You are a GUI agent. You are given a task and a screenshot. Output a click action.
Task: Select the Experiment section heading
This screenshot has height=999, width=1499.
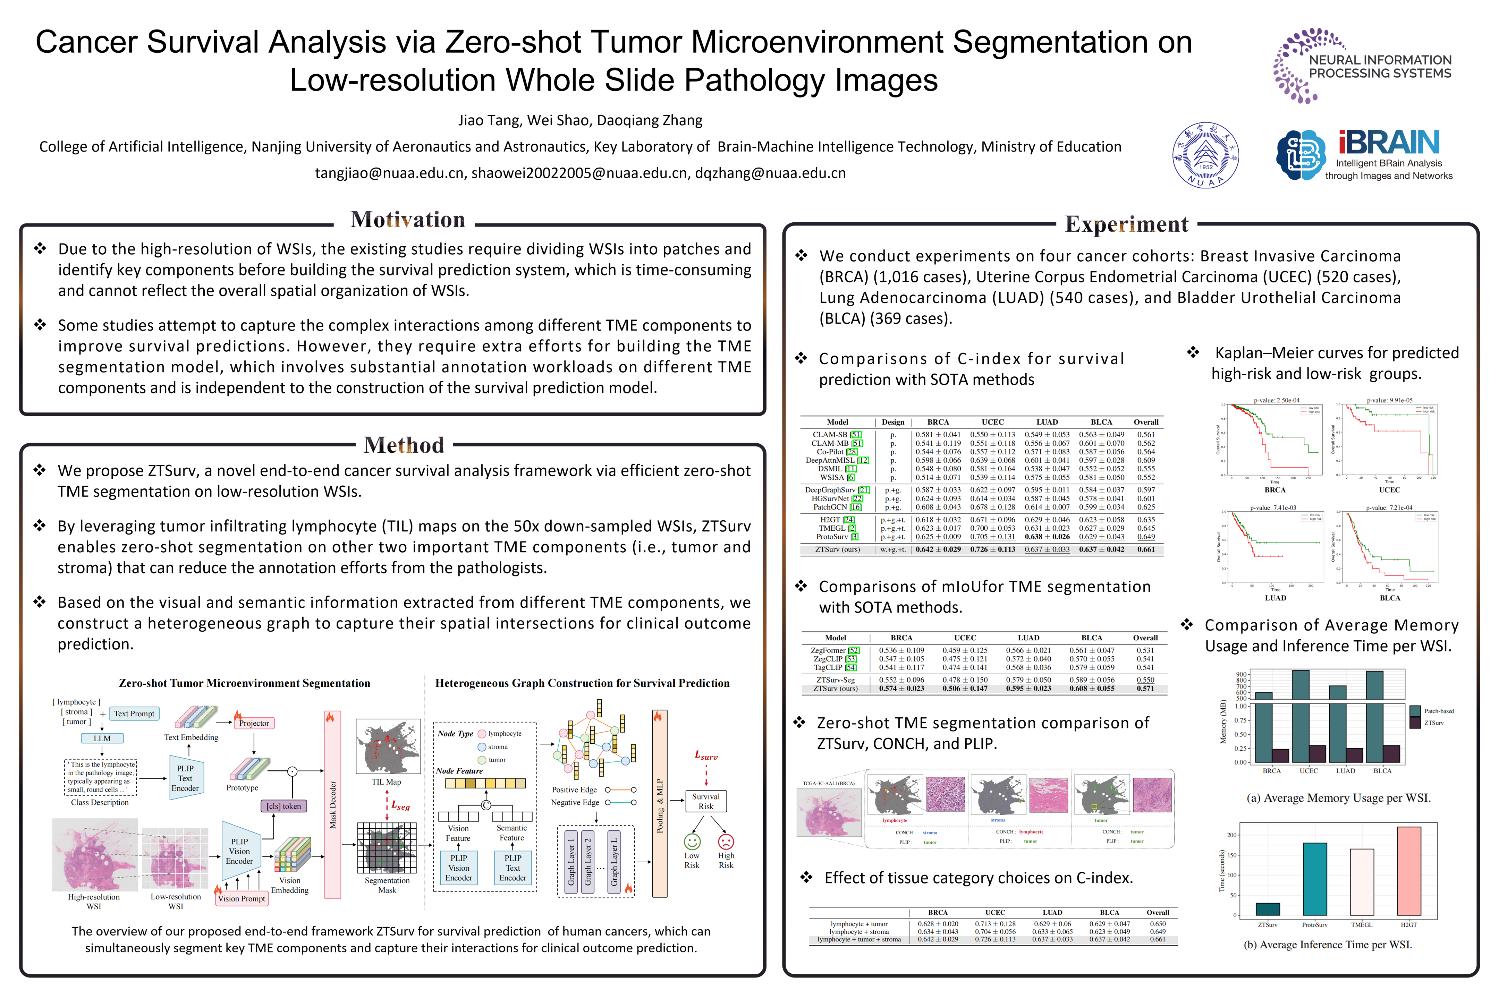point(1126,224)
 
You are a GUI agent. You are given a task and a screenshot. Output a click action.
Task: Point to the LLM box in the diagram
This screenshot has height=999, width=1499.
point(102,738)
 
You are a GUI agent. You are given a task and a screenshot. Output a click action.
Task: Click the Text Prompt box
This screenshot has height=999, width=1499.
point(134,714)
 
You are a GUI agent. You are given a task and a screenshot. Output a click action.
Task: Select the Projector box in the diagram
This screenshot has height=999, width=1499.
point(254,723)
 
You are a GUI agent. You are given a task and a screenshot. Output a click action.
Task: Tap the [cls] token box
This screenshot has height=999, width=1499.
point(283,806)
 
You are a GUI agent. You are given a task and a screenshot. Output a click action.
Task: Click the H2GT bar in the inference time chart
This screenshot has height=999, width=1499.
point(1408,871)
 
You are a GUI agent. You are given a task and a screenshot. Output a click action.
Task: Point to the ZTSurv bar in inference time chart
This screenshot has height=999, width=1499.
point(1268,909)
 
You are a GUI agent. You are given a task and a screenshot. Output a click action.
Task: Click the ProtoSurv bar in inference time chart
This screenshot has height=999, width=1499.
point(1315,879)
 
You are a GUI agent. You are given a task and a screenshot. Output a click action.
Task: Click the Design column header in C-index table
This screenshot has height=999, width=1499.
point(893,422)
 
